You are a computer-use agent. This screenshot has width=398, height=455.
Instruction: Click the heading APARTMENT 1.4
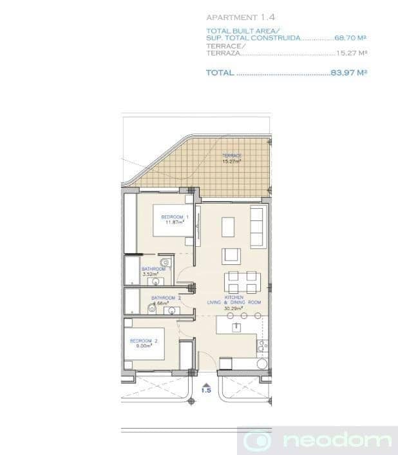point(241,17)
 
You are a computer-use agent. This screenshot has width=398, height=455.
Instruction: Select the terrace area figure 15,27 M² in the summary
point(351,53)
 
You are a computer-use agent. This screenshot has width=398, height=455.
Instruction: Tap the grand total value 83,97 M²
point(348,73)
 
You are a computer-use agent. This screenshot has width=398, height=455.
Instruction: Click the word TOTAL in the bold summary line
point(220,73)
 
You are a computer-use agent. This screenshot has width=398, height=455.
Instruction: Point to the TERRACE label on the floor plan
point(232,156)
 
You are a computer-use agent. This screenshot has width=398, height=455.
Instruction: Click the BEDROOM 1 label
point(172,217)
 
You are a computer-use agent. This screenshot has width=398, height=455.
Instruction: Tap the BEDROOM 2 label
point(144,340)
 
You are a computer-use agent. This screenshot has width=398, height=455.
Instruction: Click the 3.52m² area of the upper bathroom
point(149,274)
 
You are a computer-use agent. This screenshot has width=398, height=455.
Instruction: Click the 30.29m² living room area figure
point(234,309)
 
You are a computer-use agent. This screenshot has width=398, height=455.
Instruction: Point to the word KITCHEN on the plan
point(234,297)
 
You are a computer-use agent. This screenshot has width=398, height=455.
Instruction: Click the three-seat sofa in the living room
point(257,227)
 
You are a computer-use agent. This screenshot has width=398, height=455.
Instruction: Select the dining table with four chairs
point(242,282)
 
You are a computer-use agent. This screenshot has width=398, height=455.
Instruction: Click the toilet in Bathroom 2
point(152,309)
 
